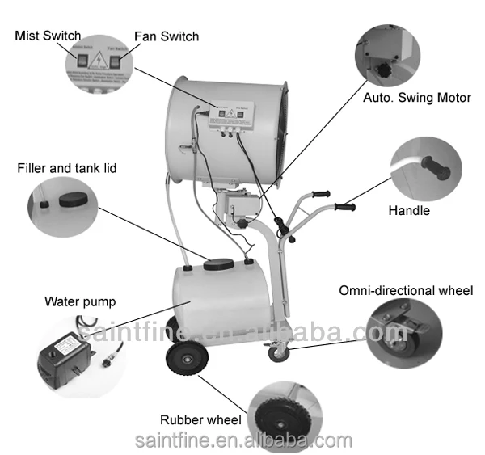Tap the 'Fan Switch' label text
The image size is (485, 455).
coord(165,36)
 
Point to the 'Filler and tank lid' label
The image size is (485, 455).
coord(67,169)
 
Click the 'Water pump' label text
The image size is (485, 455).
coord(79,302)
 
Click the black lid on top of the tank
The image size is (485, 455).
coord(218,263)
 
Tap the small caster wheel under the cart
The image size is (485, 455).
coord(279,352)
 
